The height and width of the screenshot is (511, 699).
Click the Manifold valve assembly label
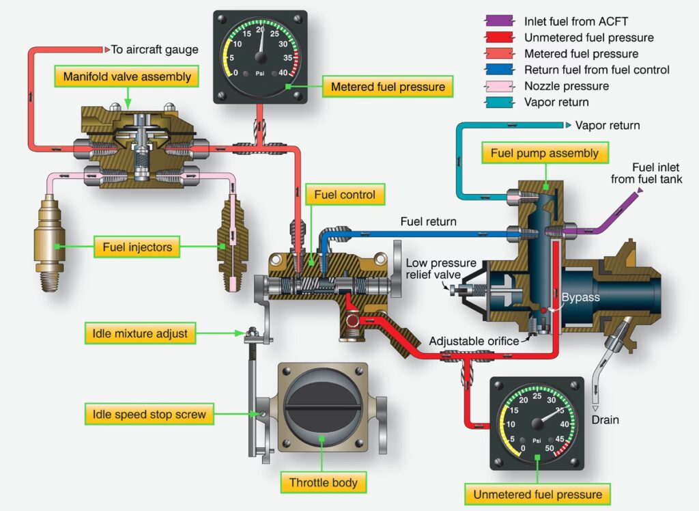tap(127, 76)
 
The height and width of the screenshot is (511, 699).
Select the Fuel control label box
tap(345, 195)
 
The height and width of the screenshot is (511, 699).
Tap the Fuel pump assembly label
tap(544, 153)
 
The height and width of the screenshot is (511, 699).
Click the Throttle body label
tap(323, 482)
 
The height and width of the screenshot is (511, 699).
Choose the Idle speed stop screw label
tap(149, 414)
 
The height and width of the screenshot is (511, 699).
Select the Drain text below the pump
tap(605, 419)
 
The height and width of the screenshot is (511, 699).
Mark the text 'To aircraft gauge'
tap(155, 49)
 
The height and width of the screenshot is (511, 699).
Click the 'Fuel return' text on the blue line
tap(428, 222)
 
